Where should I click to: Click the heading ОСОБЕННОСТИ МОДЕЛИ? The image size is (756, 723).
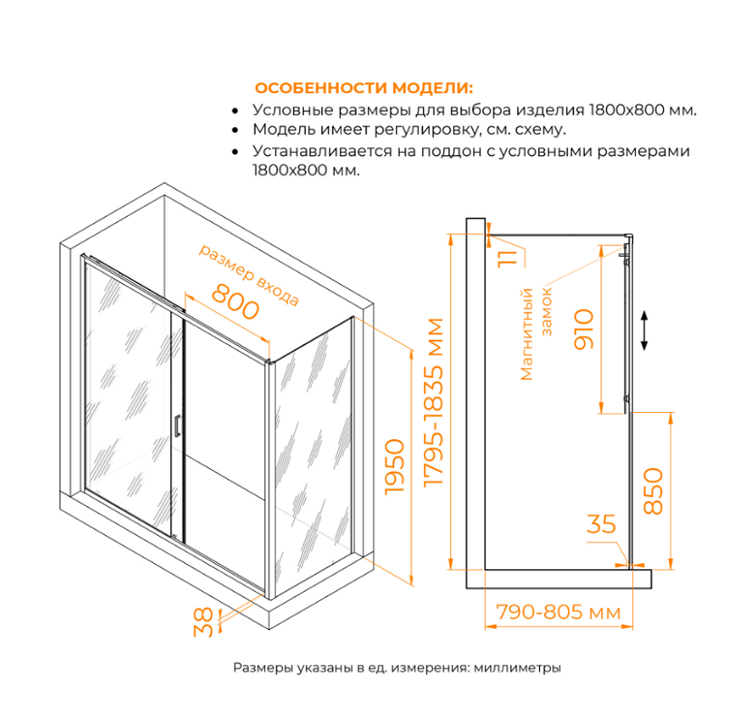[364, 89]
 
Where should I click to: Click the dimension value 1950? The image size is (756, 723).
[392, 466]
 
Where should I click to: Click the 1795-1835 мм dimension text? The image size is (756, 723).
[436, 403]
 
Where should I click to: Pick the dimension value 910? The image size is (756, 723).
[582, 330]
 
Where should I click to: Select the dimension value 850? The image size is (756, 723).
[652, 492]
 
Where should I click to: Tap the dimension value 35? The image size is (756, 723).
[600, 524]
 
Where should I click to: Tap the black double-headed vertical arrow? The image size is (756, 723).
[643, 331]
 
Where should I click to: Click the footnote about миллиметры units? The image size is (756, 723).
[397, 668]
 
